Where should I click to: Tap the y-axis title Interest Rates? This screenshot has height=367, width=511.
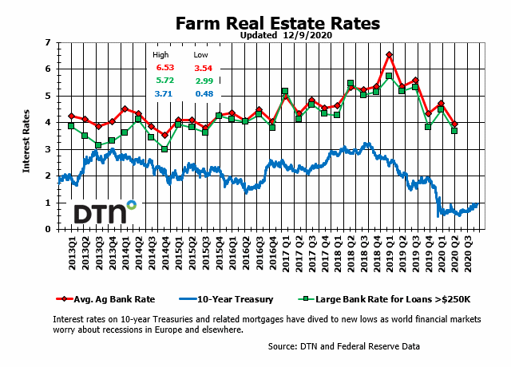(26, 136)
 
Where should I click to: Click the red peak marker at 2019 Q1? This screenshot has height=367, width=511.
(389, 55)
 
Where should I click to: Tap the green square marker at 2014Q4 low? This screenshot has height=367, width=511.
(164, 149)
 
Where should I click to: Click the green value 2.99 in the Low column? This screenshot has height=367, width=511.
(203, 82)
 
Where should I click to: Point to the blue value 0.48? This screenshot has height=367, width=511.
(203, 95)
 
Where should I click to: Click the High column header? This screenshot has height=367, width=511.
(160, 55)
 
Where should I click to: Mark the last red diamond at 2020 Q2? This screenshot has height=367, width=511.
(454, 124)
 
